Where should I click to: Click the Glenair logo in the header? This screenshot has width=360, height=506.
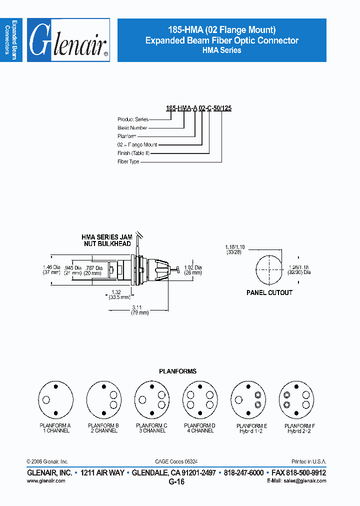click(x=68, y=40)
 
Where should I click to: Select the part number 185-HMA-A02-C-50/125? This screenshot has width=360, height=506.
click(x=198, y=108)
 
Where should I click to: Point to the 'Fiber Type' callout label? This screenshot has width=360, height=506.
click(x=128, y=162)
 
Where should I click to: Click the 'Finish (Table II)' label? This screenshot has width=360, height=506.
click(x=131, y=153)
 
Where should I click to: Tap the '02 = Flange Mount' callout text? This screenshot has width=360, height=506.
click(x=137, y=144)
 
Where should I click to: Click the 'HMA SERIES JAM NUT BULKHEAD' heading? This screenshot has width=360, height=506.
click(x=106, y=240)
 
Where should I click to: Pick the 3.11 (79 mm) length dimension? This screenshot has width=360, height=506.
click(x=136, y=310)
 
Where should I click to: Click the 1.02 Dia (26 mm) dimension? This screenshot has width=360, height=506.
click(x=193, y=270)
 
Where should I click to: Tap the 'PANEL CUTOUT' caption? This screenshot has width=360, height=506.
click(x=269, y=293)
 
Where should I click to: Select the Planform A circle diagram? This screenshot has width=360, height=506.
click(x=55, y=399)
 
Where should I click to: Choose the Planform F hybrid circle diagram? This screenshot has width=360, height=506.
click(x=296, y=399)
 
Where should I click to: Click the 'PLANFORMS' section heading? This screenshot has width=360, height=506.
click(x=177, y=371)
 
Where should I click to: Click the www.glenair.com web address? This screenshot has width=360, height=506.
click(x=45, y=480)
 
